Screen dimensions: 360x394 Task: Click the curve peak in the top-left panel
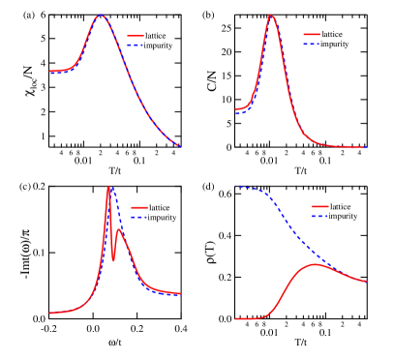(100, 15)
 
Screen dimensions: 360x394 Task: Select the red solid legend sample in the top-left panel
(136, 36)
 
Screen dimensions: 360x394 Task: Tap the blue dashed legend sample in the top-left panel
(136, 44)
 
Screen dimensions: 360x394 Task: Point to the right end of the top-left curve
(180, 146)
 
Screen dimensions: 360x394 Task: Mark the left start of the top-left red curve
(50, 71)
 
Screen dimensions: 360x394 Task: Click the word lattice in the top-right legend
(334, 34)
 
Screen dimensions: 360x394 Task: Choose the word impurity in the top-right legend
(334, 44)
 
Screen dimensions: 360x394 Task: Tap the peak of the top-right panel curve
(271, 15)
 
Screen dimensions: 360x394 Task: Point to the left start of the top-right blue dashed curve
(236, 114)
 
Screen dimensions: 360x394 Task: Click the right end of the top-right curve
(366, 147)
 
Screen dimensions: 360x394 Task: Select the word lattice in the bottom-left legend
(162, 207)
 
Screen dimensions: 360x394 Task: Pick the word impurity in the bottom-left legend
(162, 217)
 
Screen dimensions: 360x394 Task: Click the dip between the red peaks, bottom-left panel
(113, 261)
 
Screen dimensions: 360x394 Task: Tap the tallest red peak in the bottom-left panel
(108, 187)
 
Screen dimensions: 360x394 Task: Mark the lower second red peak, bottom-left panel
(119, 229)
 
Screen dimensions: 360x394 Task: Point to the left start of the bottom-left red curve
(50, 313)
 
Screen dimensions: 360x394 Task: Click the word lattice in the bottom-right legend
(341, 206)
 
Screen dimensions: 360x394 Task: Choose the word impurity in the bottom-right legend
(342, 216)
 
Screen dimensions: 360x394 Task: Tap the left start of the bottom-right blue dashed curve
(236, 186)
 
